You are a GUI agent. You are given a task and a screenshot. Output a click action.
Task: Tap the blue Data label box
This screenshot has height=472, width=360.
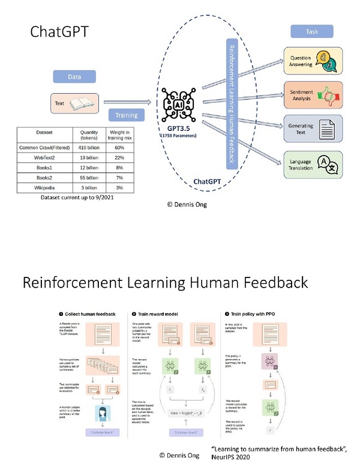[75, 77]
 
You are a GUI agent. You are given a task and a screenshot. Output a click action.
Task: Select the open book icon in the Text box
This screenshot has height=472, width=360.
[81, 103]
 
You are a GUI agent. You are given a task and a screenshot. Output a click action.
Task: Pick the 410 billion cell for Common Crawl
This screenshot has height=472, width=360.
[85, 147]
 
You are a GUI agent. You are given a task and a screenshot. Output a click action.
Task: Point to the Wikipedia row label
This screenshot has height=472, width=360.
[41, 189]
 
